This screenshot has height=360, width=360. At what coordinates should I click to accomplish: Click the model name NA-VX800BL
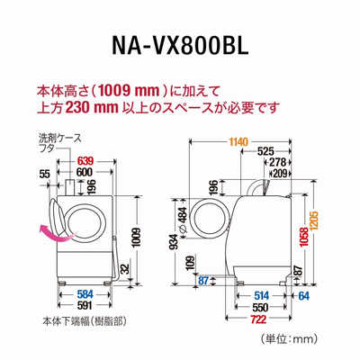tap(180, 46)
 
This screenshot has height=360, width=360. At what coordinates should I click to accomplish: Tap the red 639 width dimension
tap(85, 161)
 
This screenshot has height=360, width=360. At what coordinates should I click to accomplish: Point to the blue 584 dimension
tap(85, 294)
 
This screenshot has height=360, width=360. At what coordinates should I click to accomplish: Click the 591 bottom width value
tap(85, 305)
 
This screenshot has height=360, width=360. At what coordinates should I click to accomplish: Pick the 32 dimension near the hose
tap(125, 270)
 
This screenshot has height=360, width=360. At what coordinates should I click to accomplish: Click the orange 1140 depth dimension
tap(238, 141)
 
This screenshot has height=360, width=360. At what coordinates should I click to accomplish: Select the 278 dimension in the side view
tap(278, 162)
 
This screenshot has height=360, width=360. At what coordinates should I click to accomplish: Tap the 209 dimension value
tap(281, 173)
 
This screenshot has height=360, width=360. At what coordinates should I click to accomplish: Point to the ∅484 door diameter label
tap(183, 220)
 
